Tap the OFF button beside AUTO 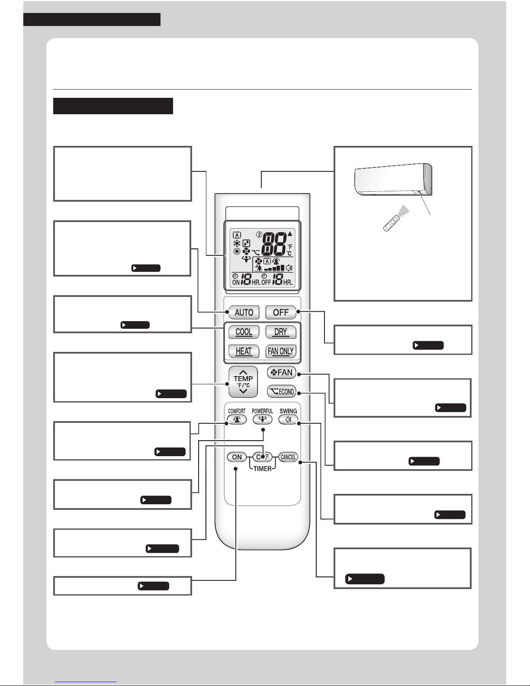[281, 312]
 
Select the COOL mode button [244, 332]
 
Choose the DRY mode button [281, 332]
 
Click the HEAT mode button [244, 351]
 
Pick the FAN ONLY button [281, 351]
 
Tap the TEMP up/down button [243, 382]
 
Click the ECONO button [282, 391]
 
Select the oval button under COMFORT [237, 419]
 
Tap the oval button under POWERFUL [263, 419]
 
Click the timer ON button [237, 457]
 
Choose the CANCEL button [288, 457]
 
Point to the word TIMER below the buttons [263, 468]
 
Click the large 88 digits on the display [274, 245]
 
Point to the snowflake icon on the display [237, 243]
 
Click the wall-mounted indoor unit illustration [393, 179]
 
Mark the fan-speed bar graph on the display [274, 268]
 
